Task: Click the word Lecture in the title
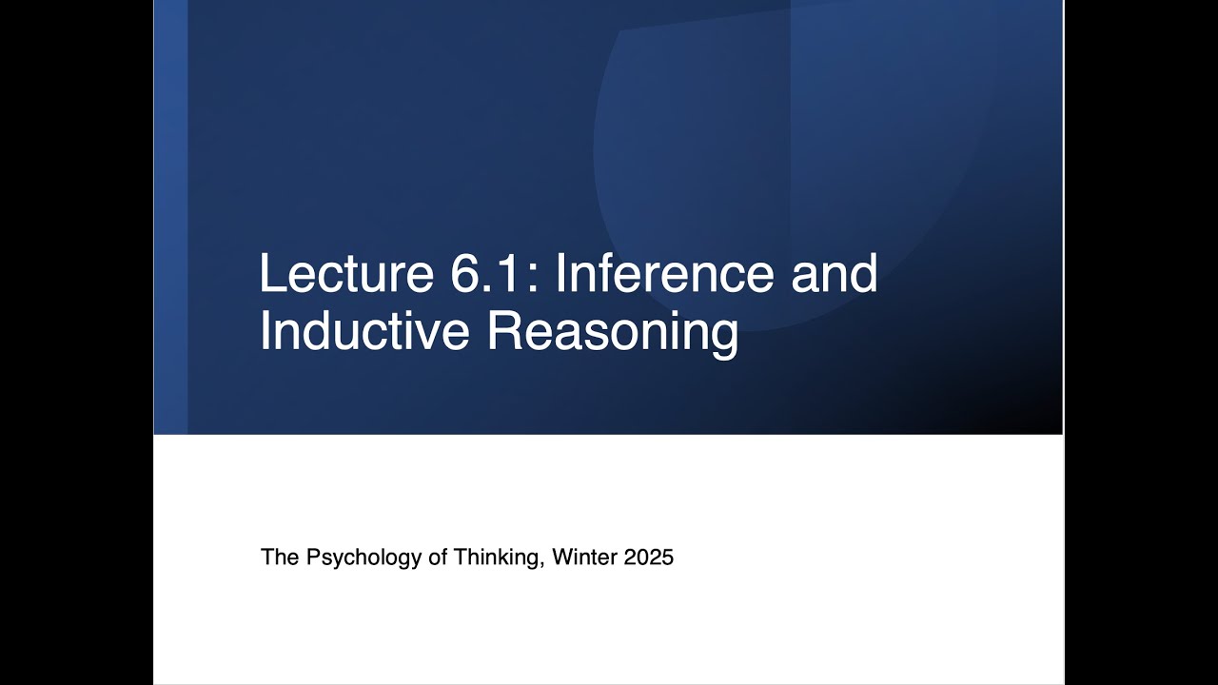point(345,274)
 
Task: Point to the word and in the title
point(835,274)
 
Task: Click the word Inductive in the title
point(364,331)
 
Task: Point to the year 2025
point(649,558)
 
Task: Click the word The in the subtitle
point(280,558)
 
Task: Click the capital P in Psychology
point(312,558)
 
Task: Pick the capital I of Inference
point(560,274)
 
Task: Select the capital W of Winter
point(561,558)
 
